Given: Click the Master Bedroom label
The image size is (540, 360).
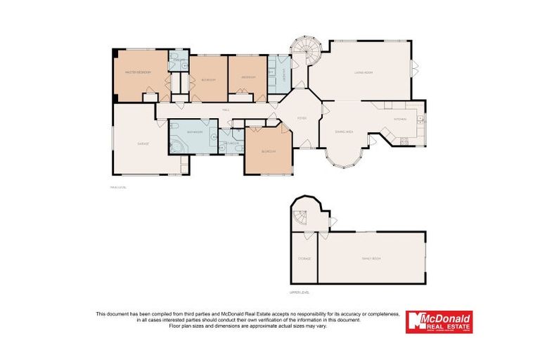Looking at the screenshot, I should (x=139, y=72).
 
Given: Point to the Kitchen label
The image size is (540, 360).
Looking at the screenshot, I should (x=400, y=120).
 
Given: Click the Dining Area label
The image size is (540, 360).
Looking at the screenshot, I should (x=344, y=131).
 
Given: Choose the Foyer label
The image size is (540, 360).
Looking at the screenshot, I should (x=301, y=118).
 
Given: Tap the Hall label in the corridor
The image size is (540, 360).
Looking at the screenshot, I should (x=226, y=110).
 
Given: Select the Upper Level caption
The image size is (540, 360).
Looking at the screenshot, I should (x=300, y=291).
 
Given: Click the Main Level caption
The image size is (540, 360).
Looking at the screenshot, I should (x=117, y=187).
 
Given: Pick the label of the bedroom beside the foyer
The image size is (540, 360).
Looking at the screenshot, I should (x=268, y=151).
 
